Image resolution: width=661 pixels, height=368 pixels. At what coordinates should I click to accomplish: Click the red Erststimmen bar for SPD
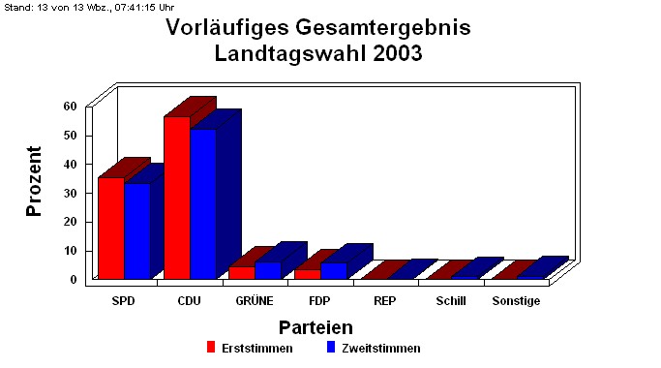(110, 228)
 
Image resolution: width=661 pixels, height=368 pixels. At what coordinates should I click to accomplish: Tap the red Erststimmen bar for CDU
(176, 198)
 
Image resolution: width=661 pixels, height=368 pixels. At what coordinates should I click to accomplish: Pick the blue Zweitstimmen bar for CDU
(202, 203)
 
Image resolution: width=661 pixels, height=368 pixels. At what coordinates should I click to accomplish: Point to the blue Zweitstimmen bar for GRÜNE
(267, 270)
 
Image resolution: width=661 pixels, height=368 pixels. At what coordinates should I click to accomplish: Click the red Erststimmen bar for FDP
(307, 274)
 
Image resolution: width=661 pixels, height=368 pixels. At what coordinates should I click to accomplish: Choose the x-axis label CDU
(189, 301)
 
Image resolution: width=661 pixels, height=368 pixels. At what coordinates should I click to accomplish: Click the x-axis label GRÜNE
(255, 301)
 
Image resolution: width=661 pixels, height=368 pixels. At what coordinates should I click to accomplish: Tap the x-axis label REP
(384, 301)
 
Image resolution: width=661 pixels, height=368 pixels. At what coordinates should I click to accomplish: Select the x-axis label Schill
(450, 301)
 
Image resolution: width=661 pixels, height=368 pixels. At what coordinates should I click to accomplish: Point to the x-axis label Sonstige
(516, 301)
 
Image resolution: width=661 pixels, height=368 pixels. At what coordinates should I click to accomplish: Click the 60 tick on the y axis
(70, 106)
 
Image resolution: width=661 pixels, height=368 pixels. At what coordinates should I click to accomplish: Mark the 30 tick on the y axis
(70, 193)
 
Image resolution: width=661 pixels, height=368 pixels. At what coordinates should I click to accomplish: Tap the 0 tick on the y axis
(73, 280)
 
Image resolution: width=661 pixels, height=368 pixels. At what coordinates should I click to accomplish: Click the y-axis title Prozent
(35, 181)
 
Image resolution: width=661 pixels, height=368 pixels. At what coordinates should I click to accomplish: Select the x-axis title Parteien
(315, 327)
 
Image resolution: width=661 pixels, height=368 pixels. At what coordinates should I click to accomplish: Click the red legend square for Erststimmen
(210, 348)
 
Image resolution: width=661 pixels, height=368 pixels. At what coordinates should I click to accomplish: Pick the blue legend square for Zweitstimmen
(330, 348)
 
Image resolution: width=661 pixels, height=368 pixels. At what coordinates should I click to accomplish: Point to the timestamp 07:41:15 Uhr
(135, 7)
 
